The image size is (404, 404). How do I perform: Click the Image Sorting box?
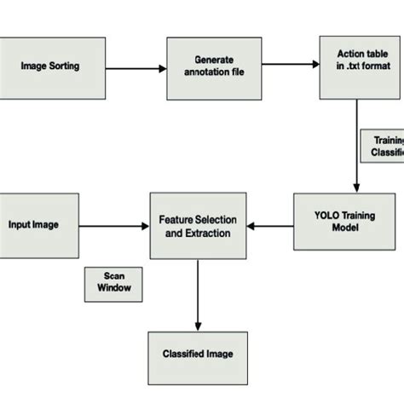[51, 65]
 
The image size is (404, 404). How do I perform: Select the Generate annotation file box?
[206, 66]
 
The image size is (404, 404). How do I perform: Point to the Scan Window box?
[112, 283]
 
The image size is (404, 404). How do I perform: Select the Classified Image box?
[198, 354]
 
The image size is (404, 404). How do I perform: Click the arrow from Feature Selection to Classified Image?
[198, 295]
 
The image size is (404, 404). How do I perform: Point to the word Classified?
[182, 354]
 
